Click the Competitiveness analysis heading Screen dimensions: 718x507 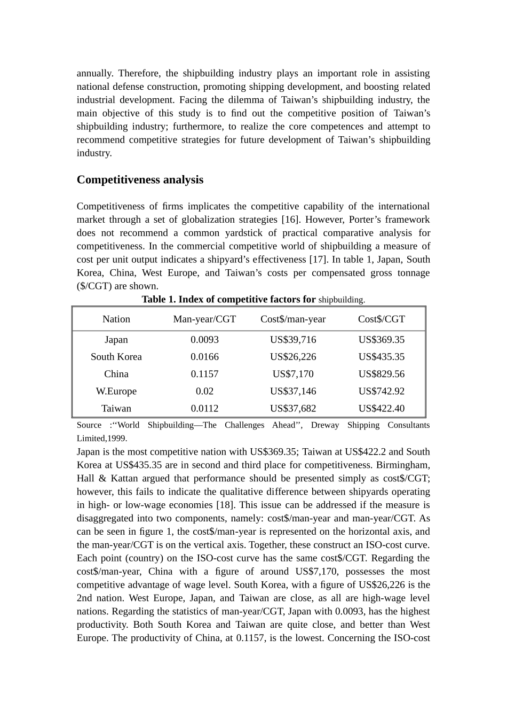tap(140, 179)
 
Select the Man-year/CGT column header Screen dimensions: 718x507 tap(204, 319)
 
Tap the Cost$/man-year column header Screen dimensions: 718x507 tap(293, 319)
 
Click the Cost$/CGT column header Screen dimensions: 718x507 tap(382, 319)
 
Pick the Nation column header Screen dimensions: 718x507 tap(116, 319)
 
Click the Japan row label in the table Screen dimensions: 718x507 tap(116, 340)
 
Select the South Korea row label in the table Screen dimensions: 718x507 tap(116, 357)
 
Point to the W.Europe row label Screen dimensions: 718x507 tap(116, 391)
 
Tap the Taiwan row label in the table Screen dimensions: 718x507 tap(116, 408)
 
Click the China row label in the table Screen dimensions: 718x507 tap(116, 374)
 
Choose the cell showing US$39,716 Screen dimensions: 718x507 tap(293, 340)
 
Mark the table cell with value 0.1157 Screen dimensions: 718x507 tap(204, 374)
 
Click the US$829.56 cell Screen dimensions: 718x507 tap(382, 374)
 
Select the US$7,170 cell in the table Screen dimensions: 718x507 tap(293, 374)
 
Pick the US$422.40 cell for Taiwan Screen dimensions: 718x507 tap(382, 408)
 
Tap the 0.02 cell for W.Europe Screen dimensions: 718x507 tap(204, 391)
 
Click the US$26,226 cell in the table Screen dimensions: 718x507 tap(293, 357)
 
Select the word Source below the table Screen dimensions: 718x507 tap(89, 425)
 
